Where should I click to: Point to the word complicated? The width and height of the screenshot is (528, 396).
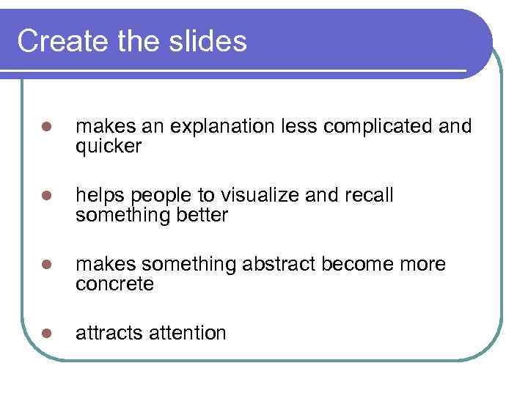point(381,128)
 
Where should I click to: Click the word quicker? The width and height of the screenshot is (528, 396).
point(108,147)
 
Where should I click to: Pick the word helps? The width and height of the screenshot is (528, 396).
point(98,196)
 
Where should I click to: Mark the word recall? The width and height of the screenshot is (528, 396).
point(368,196)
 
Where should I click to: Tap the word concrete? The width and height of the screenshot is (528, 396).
point(114,284)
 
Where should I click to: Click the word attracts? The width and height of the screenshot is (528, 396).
point(109,333)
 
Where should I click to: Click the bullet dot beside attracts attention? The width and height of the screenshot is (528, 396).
point(45,334)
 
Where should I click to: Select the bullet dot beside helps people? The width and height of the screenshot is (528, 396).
point(45,197)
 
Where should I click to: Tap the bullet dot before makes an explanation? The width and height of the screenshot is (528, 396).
point(45,128)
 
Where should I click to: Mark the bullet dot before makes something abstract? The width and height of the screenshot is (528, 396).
point(45,265)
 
